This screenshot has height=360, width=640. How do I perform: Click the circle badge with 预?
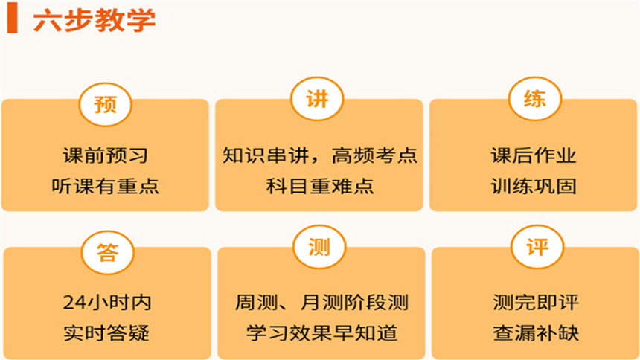105,103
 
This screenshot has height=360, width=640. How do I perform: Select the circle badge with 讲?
318,101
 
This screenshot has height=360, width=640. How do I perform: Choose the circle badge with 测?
319,248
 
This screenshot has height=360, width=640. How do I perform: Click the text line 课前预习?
105,156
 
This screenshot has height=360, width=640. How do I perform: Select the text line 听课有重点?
105,186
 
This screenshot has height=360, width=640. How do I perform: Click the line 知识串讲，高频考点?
319,156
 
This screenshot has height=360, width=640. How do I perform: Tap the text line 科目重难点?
319,186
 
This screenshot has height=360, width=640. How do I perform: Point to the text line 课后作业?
534,156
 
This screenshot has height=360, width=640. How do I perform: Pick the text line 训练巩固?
534,186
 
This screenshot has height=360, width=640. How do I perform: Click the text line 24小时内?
107,303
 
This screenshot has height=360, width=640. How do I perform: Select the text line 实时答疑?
107,332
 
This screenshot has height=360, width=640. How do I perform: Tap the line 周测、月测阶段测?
321,303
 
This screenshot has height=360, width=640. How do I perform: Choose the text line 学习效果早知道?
321,332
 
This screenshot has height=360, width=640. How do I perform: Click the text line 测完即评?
535,303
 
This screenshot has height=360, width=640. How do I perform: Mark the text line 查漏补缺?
535,332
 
